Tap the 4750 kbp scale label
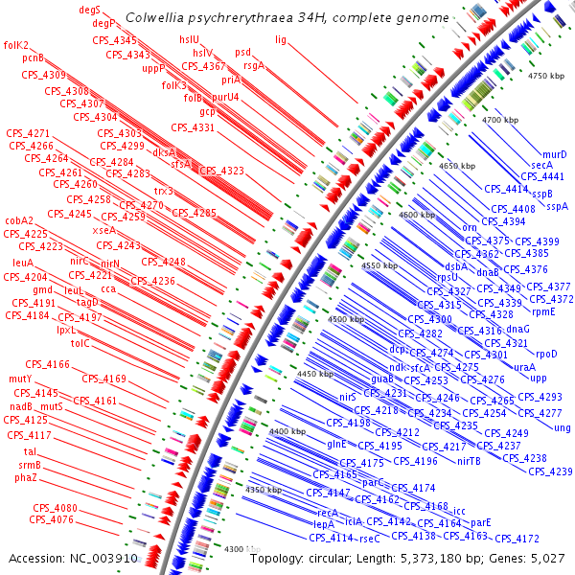(548, 75)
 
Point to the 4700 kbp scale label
(499, 120)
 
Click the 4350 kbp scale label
(263, 490)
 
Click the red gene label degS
(90, 9)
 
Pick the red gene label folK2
(16, 45)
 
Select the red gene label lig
(281, 39)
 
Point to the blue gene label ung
(562, 427)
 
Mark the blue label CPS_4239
(550, 471)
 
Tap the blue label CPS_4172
(517, 539)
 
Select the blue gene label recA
(327, 513)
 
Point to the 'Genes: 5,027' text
(531, 558)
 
